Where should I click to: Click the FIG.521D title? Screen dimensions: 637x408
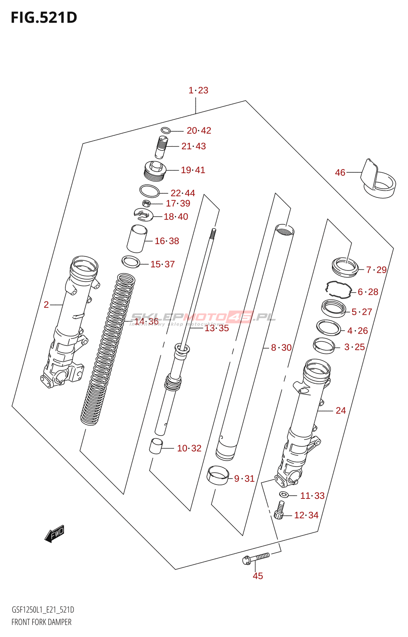pos(44,18)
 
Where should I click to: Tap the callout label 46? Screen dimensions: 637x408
pos(340,172)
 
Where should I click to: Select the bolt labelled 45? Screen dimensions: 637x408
pos(255,558)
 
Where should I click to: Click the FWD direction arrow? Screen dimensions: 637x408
pos(55,533)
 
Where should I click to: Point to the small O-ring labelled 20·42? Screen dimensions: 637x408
pos(166,130)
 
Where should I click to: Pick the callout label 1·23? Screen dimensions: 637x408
pos(198,90)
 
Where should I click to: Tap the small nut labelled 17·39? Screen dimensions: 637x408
pos(146,203)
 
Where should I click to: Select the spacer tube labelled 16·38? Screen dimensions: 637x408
pos(137,238)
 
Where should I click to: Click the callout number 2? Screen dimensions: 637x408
pos(46,305)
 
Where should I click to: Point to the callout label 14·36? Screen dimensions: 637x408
pos(146,321)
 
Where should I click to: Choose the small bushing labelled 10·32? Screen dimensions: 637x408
pos(156,446)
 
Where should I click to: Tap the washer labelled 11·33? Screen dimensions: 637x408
pos(284,495)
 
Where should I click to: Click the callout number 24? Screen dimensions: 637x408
pos(341,410)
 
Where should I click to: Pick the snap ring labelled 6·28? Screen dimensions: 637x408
pos(339,289)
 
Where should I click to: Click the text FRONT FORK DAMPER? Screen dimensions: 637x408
pos(41,622)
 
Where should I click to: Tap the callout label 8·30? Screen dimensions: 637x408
pos(281,348)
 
